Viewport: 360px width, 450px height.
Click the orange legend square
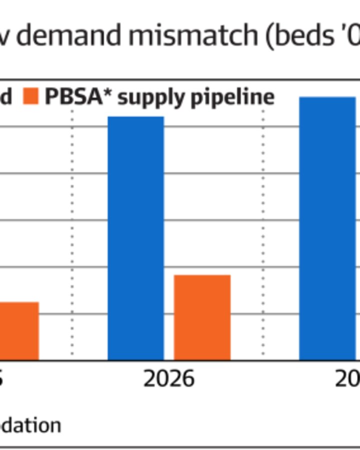(x=31, y=96)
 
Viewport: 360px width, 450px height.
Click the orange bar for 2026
(x=202, y=317)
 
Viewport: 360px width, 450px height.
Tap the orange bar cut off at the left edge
(x=19, y=330)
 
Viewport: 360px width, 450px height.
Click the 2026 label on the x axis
(x=168, y=379)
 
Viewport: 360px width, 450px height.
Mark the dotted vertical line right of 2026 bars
(x=263, y=235)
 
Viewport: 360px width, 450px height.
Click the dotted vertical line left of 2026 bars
(x=72, y=235)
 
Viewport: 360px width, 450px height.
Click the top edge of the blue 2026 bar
(x=136, y=117)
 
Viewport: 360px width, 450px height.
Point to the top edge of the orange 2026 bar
(x=202, y=275)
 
